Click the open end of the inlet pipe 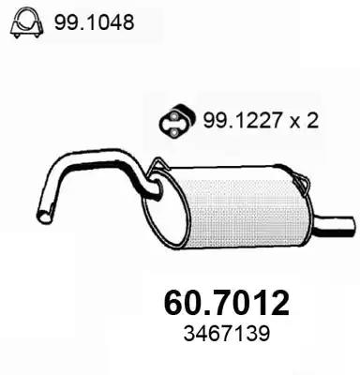tap(43, 217)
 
